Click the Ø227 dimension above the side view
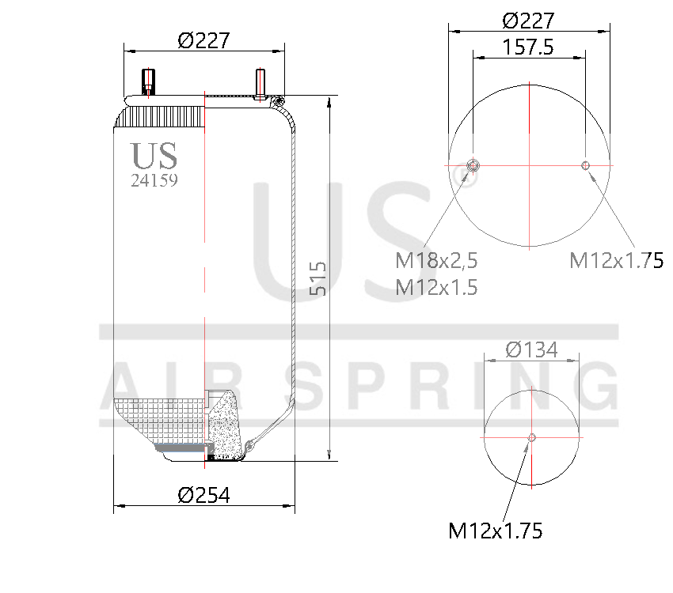(x=203, y=40)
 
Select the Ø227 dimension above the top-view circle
(x=529, y=20)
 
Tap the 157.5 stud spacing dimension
(x=528, y=47)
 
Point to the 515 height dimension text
(x=317, y=279)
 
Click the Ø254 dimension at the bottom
(x=203, y=495)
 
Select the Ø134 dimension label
(x=530, y=349)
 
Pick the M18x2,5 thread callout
(x=436, y=260)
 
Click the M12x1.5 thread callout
(x=436, y=287)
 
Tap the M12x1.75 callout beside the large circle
(x=616, y=260)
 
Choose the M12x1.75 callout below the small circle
(x=496, y=531)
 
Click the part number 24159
(x=154, y=180)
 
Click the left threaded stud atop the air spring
(x=147, y=81)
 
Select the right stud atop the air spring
(x=260, y=82)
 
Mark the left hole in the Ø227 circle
(x=473, y=165)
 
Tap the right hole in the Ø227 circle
(x=585, y=165)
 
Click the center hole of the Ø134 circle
(x=530, y=437)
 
